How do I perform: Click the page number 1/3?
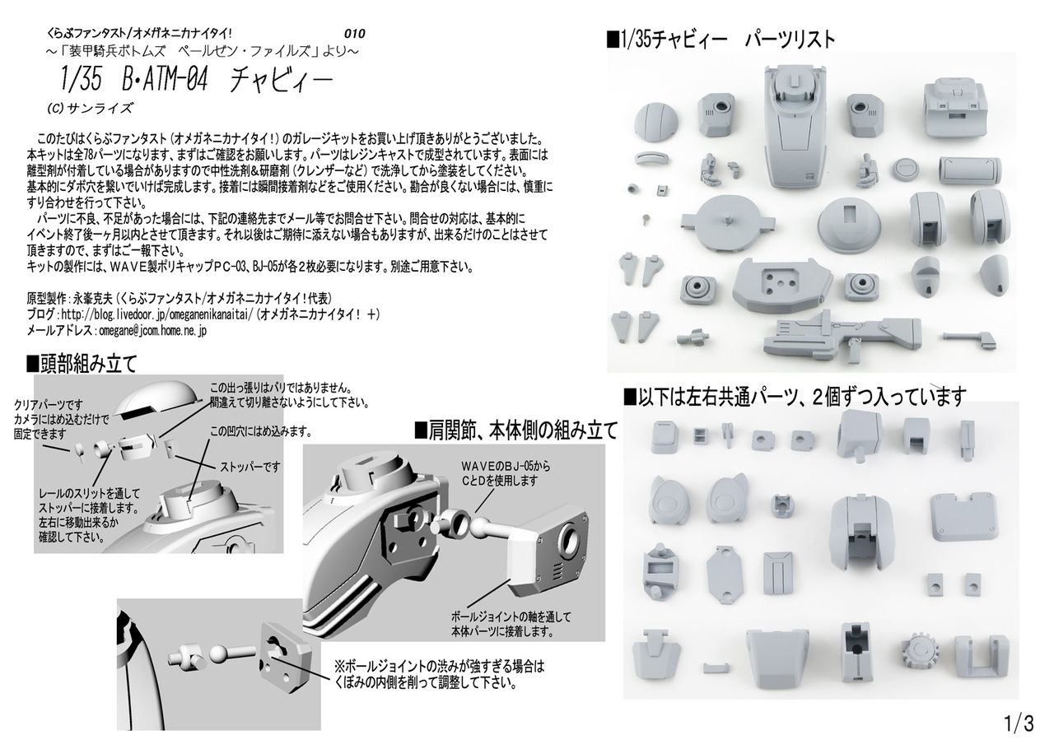pyautogui.click(x=1019, y=723)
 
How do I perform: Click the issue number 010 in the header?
pyautogui.click(x=354, y=34)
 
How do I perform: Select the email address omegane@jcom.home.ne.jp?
pyautogui.click(x=152, y=331)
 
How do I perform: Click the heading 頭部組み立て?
pyautogui.click(x=82, y=363)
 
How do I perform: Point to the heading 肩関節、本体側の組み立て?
pyautogui.click(x=515, y=430)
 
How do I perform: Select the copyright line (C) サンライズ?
pyautogui.click(x=91, y=108)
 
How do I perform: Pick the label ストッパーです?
pyautogui.click(x=250, y=467)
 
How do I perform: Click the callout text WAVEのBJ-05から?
pyautogui.click(x=506, y=466)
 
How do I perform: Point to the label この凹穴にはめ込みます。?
pyautogui.click(x=261, y=431)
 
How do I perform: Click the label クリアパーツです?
pyautogui.click(x=48, y=405)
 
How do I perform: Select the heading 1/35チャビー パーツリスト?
pyautogui.click(x=721, y=39)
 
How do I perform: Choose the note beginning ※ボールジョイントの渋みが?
pyautogui.click(x=439, y=675)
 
